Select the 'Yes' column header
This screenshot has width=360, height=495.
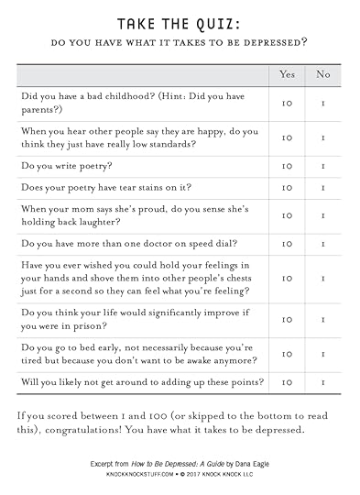[x=286, y=74]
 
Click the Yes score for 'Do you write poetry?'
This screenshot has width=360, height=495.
[x=286, y=167]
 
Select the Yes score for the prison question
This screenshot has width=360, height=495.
[x=286, y=320]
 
